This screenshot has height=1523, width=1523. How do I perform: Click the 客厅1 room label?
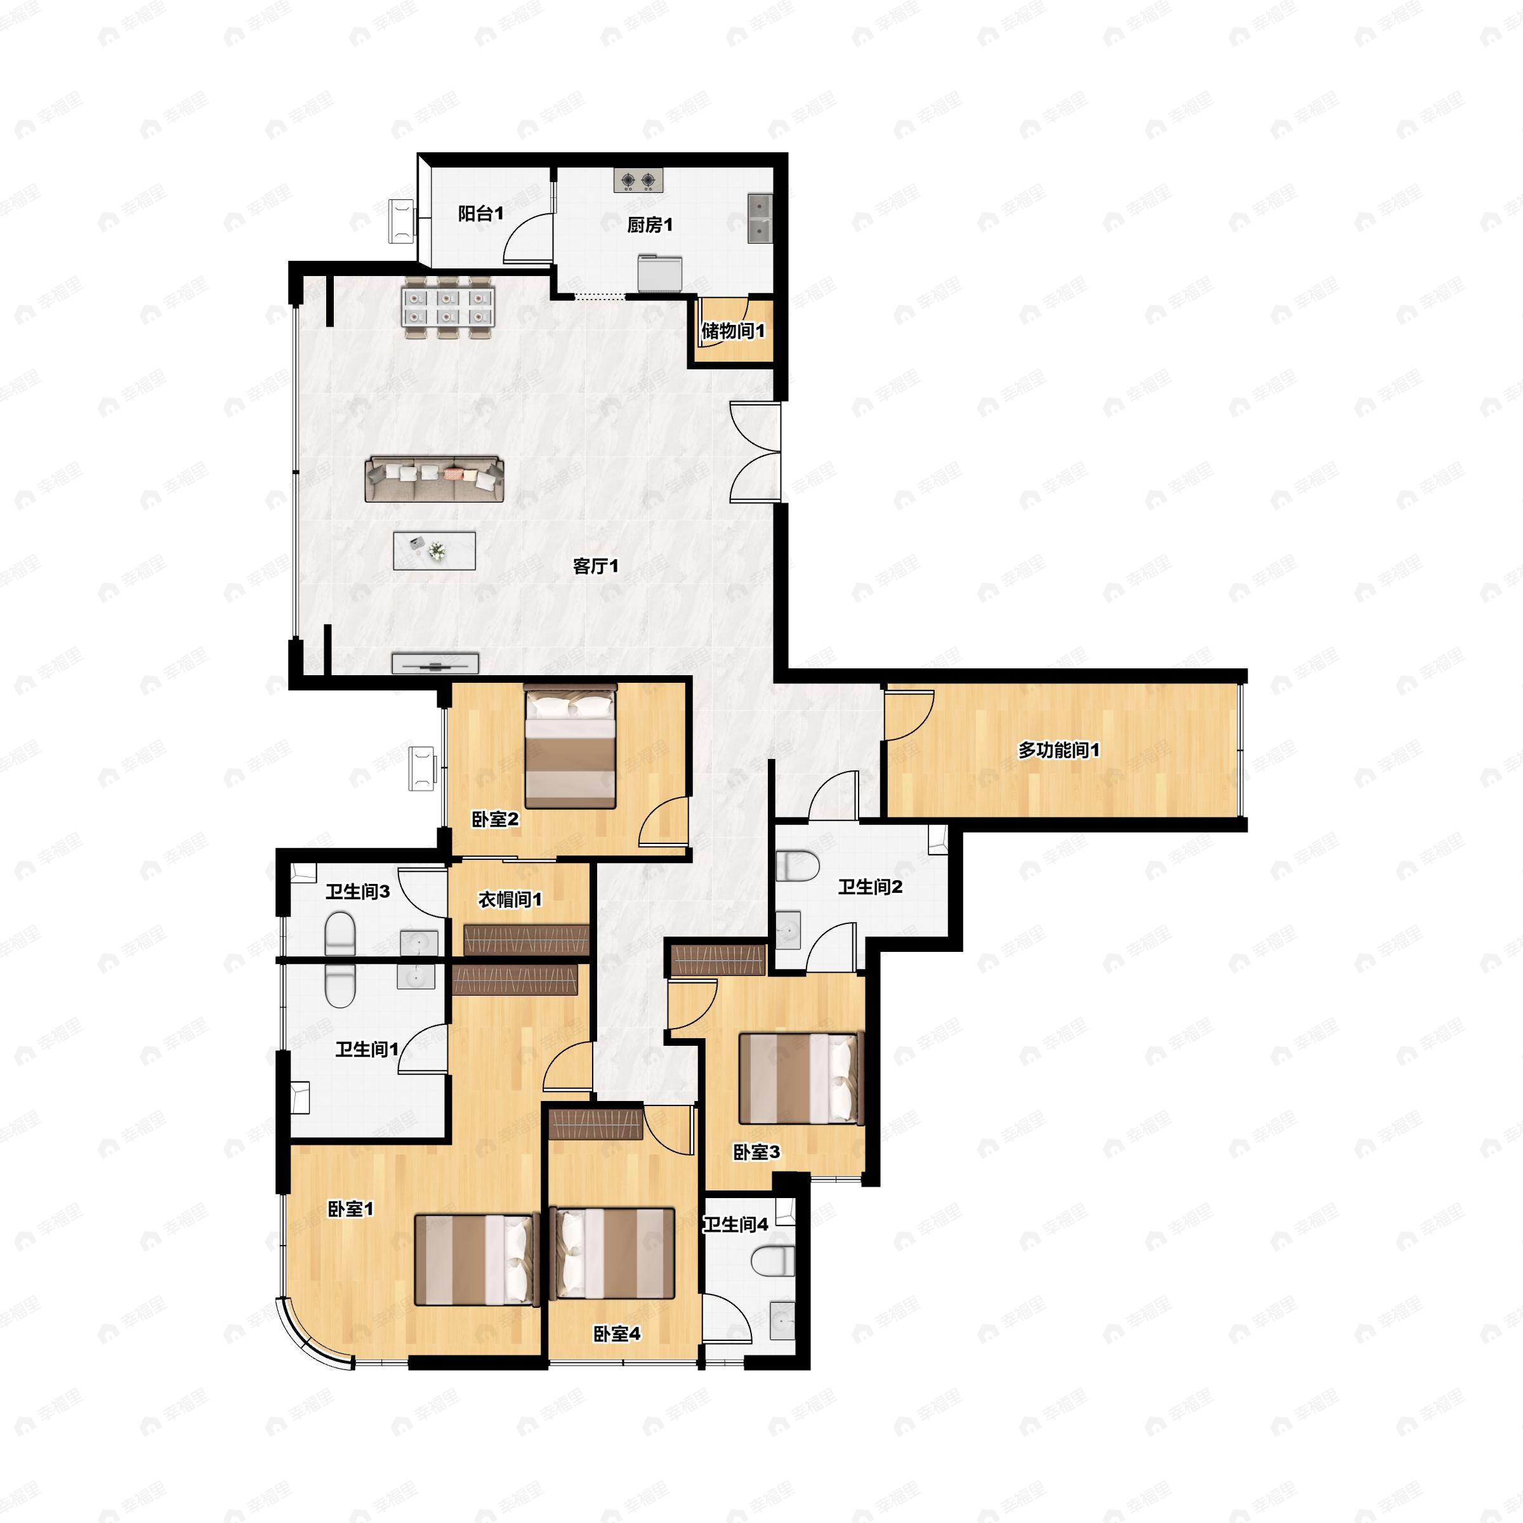[x=595, y=566]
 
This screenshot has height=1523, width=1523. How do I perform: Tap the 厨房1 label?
[x=650, y=225]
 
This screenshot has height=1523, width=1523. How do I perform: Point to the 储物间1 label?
[x=732, y=331]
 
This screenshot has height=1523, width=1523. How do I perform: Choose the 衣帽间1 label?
[x=510, y=899]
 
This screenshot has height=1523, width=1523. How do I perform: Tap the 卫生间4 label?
[x=735, y=1224]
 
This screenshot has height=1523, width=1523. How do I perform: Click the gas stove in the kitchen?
[x=638, y=180]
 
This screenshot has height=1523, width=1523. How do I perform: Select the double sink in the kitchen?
[x=760, y=218]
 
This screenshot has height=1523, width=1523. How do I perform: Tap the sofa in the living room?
[x=434, y=478]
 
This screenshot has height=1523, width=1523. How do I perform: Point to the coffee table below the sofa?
[x=434, y=550]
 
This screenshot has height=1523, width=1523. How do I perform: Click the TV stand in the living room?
[x=435, y=663]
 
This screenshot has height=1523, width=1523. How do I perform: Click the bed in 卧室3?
[x=801, y=1078]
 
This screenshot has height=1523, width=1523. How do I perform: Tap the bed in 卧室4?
[x=613, y=1253]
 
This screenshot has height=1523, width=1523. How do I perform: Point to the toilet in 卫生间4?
[x=774, y=1262]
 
